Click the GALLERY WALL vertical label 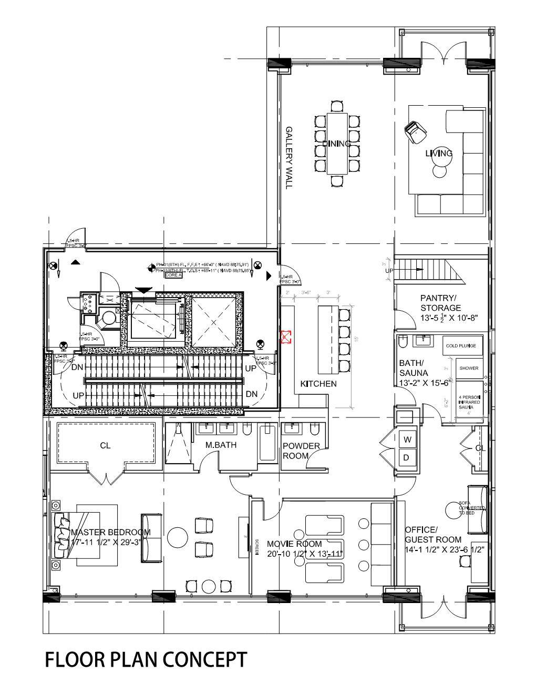[x=288, y=157]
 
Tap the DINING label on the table [x=336, y=144]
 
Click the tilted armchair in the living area [x=415, y=130]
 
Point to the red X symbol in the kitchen [x=286, y=336]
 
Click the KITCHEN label [x=318, y=384]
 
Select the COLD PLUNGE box [x=461, y=345]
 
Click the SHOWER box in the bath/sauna [x=469, y=368]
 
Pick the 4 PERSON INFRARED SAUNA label [x=469, y=402]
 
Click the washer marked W [x=406, y=438]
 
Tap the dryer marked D [x=406, y=457]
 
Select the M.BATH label [x=221, y=445]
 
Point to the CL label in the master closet [x=105, y=445]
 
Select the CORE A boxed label [x=173, y=275]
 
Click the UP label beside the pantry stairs [x=389, y=270]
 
